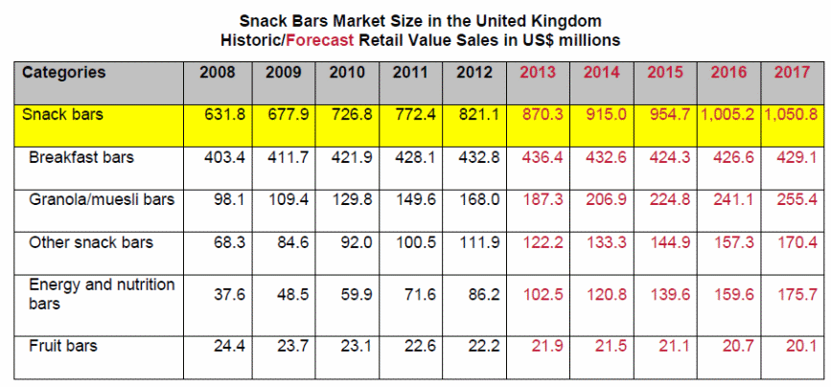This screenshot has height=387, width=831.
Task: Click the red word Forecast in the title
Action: coord(319,40)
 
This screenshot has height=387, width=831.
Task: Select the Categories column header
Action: coord(63,73)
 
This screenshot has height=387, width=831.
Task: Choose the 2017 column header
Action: coord(794,73)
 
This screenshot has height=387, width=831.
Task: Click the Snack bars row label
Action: coord(62,114)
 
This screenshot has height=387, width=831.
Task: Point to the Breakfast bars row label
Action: coord(81,156)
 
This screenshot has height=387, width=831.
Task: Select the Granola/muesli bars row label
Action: coord(102,199)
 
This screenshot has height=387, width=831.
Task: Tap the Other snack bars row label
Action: coord(91,242)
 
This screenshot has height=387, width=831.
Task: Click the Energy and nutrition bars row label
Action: coord(102,293)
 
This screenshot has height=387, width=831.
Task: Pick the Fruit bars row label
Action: coord(63,345)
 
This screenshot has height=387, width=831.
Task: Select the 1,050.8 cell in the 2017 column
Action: coord(792,114)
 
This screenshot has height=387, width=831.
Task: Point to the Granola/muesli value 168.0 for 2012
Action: coord(481,199)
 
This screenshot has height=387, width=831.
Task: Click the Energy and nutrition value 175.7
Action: coord(798,294)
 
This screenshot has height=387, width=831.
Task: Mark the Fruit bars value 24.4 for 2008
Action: coord(228,345)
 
